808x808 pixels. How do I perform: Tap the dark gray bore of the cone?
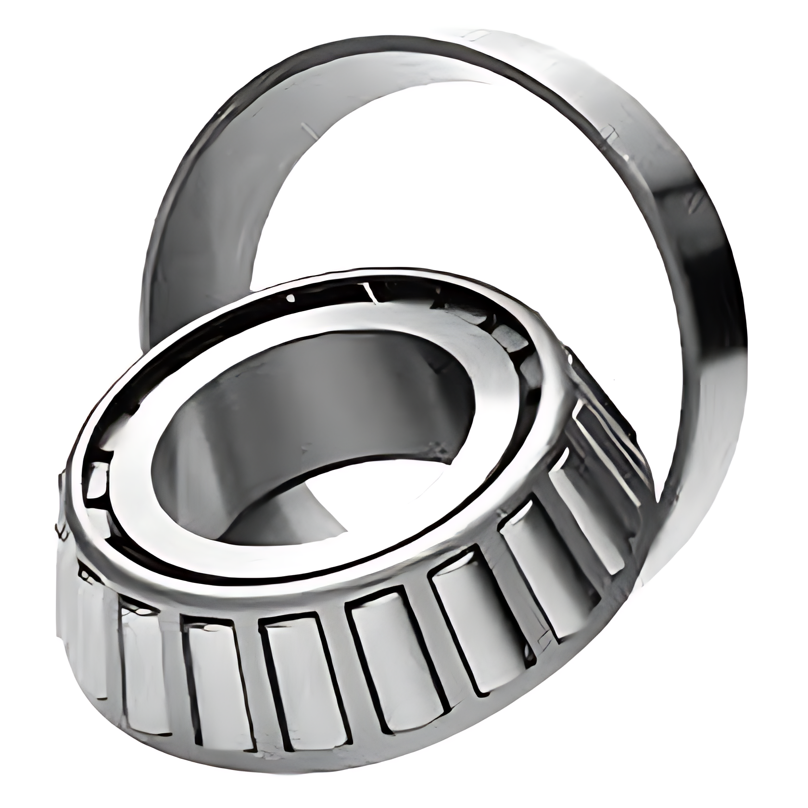pyautogui.click(x=289, y=409)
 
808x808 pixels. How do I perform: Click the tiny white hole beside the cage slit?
pyautogui.click(x=290, y=298)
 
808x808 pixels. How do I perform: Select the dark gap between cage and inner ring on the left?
pyautogui.click(x=96, y=481)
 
